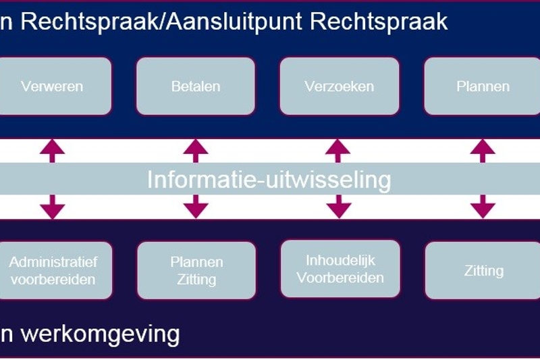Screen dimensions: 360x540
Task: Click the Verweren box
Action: tap(53, 86)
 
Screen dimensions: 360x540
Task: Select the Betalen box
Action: tap(196, 86)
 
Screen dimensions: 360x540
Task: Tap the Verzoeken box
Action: tap(340, 86)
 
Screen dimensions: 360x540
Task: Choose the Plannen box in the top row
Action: tap(483, 86)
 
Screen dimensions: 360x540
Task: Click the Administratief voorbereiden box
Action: tap(53, 270)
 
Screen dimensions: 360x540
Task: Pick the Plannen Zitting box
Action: tap(196, 270)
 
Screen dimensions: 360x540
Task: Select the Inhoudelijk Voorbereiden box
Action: tap(340, 269)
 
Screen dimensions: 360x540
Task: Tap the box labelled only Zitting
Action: tap(483, 271)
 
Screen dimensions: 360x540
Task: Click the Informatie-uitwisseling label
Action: tap(269, 180)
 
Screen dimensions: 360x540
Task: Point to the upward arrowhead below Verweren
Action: tap(53, 146)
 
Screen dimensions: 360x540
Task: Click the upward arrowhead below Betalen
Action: tap(196, 146)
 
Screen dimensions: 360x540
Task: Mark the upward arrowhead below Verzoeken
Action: tap(340, 146)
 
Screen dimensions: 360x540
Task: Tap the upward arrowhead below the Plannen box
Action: tap(483, 146)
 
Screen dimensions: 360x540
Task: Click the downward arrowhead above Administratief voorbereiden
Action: tap(53, 210)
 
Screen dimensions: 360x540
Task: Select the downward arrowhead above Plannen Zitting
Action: tap(196, 210)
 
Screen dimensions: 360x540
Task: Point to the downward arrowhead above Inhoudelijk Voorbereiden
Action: tap(340, 210)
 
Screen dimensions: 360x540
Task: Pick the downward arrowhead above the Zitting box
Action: tap(483, 210)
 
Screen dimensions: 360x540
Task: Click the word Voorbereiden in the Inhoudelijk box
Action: tap(340, 278)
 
